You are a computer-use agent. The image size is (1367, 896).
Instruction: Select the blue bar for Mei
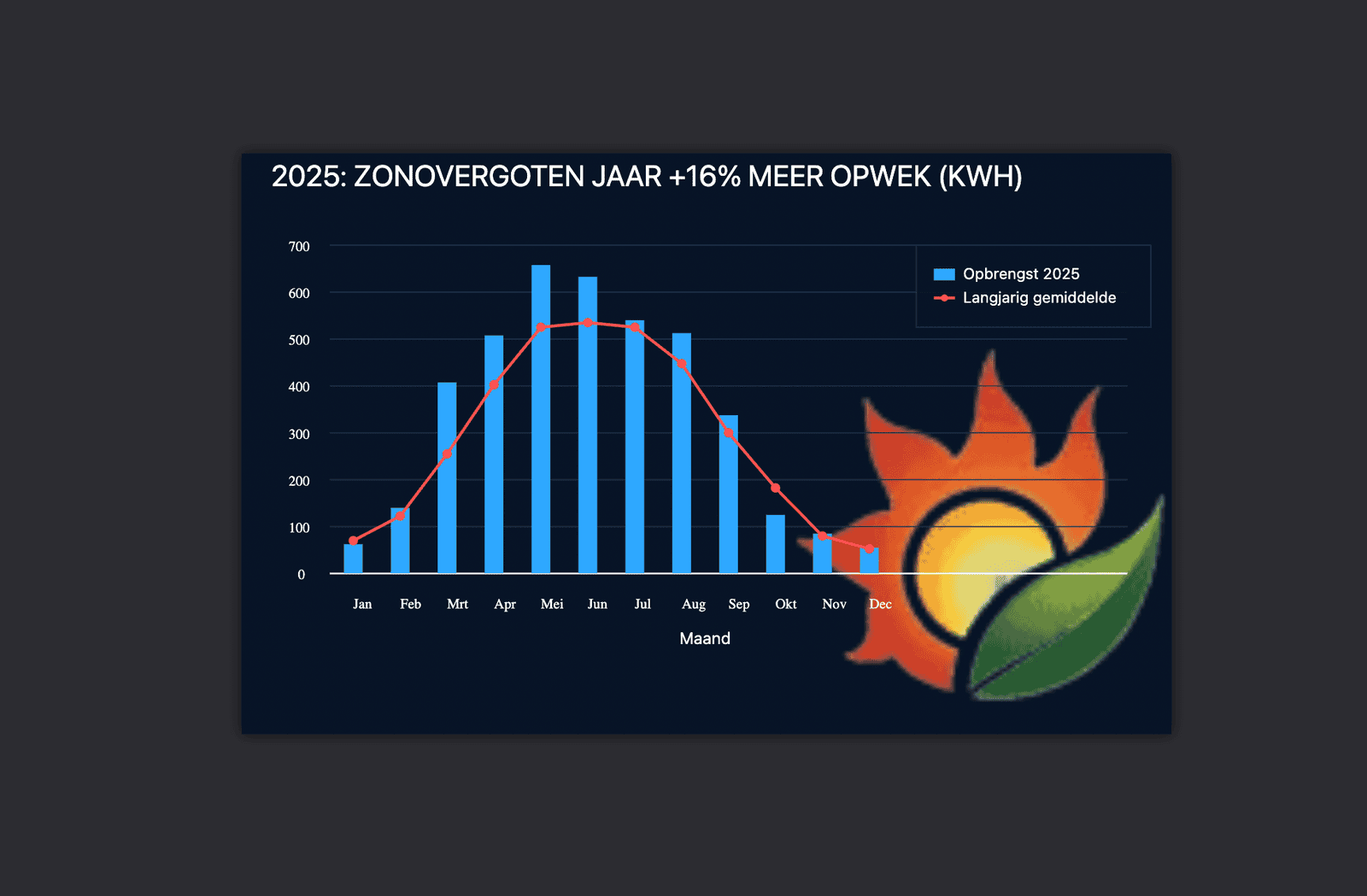click(541, 419)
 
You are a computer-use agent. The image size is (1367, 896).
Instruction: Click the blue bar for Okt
click(775, 544)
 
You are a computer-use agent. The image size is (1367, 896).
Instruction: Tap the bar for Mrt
click(447, 477)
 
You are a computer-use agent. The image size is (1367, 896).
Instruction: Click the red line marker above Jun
click(588, 323)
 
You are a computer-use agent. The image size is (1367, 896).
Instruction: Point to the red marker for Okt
click(775, 489)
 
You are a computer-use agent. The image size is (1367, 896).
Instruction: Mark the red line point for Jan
click(353, 541)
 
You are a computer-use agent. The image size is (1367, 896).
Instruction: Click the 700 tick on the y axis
click(299, 247)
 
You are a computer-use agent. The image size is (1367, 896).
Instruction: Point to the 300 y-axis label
click(299, 434)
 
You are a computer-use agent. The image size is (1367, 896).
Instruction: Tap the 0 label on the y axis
click(301, 575)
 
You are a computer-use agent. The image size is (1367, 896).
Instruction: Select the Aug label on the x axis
click(694, 605)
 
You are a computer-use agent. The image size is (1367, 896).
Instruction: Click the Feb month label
click(410, 605)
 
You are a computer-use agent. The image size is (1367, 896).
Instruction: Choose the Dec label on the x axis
click(880, 605)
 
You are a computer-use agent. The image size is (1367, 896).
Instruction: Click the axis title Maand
click(705, 639)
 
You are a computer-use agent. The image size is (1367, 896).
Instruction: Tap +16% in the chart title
click(705, 177)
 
